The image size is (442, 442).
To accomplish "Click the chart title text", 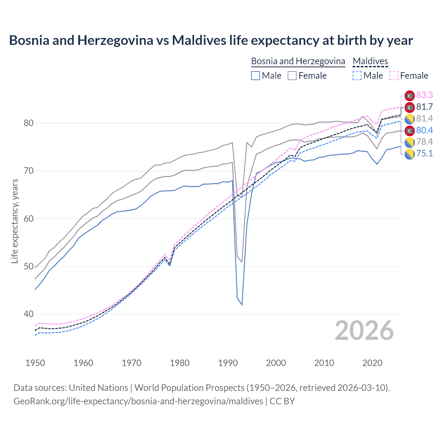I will click(211, 40).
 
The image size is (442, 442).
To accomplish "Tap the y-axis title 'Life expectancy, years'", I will click(15, 221).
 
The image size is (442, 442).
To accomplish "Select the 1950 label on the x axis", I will click(35, 363).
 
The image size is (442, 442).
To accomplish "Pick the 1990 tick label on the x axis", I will click(228, 363).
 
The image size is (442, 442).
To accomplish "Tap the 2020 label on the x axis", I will click(372, 363).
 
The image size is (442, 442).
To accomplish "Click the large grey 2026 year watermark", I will click(364, 330).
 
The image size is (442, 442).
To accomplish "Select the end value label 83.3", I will click(424, 95).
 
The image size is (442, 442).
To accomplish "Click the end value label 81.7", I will click(424, 107).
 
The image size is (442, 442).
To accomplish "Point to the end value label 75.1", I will click(424, 153).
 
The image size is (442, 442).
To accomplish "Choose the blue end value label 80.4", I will click(424, 130).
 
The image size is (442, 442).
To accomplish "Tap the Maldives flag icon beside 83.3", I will click(410, 96).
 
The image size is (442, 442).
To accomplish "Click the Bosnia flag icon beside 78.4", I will click(410, 142).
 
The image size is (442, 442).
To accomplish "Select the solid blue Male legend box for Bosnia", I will click(256, 76).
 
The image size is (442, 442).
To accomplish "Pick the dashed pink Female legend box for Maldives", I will click(394, 76).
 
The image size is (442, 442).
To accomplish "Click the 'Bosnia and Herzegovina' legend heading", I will click(298, 61).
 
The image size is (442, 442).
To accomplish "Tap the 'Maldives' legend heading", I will click(370, 61).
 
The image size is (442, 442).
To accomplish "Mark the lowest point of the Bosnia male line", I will click(242, 305).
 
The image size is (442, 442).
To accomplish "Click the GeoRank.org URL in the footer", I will click(138, 401).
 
